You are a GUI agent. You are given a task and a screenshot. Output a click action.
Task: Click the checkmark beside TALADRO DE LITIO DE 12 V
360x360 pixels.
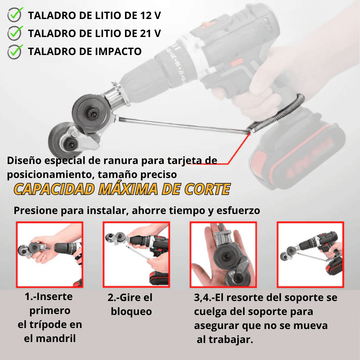pos(15,15)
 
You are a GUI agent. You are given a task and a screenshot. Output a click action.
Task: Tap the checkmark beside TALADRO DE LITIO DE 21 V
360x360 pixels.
pos(15,33)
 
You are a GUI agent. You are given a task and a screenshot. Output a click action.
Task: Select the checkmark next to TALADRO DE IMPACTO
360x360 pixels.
pos(15,51)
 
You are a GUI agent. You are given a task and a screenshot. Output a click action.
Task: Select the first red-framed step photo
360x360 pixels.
pos(49,255)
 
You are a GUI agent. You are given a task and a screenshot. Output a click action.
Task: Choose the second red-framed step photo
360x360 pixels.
pos(136,255)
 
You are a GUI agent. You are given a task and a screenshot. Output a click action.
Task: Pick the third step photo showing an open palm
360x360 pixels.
pos(223,255)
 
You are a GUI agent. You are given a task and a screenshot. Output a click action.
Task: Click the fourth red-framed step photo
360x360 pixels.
pos(310,255)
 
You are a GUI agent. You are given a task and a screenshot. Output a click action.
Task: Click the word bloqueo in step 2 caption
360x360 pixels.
pos(131,312)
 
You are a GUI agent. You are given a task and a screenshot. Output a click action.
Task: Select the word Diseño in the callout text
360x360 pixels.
pos(23,160)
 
